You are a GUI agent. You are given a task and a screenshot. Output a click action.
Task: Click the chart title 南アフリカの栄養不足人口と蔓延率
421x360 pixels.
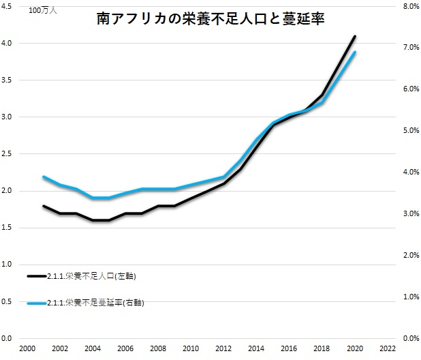coord(210,20)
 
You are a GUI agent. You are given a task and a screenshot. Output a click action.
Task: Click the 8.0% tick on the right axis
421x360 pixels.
coord(410,6)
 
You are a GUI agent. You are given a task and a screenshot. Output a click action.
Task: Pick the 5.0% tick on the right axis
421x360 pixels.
coord(410,130)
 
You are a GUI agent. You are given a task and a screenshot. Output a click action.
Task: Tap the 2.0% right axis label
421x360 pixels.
coord(410,255)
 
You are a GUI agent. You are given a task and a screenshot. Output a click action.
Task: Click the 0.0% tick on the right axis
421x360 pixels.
coord(410,338)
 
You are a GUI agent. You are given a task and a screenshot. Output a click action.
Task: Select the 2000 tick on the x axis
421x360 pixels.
coord(27,348)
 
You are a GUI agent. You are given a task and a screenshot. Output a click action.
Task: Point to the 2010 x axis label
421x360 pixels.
coord(191,348)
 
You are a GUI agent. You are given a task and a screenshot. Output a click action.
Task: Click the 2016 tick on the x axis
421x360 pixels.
coord(289,348)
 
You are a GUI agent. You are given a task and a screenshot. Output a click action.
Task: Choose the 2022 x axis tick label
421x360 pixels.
coord(387,348)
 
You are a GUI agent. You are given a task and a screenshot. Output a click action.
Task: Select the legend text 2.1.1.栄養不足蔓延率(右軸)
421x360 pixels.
coord(96,302)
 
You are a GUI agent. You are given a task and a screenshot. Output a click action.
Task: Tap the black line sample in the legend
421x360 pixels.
coord(37,276)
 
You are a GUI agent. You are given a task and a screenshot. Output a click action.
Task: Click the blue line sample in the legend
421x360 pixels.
coord(37,302)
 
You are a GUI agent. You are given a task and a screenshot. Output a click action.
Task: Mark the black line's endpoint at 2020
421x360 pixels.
coord(355,36)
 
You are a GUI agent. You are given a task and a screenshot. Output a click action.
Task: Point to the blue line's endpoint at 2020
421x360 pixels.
coord(355,52)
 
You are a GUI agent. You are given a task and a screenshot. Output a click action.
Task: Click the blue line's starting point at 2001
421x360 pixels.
coord(44,177)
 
